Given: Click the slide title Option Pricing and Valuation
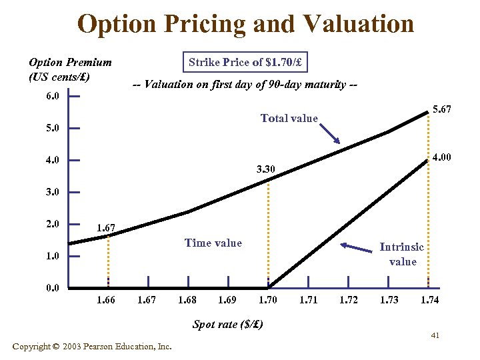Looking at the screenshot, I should [x=245, y=24].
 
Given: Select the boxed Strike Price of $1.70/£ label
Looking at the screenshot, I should [x=245, y=63].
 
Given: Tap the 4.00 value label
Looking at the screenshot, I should [x=441, y=158].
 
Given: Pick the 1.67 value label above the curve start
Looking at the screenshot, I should [x=106, y=228].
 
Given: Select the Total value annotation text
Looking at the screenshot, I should [x=289, y=118].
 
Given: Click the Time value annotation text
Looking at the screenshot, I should [x=213, y=243].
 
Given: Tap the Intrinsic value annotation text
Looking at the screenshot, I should [x=402, y=254].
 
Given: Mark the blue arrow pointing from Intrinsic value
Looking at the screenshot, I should [x=356, y=248].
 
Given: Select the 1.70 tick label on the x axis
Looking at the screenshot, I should [x=267, y=300].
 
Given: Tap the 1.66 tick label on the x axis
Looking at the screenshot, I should [x=106, y=300].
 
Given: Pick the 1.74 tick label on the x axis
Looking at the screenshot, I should [x=430, y=300].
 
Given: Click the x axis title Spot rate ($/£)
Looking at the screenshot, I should [x=227, y=325].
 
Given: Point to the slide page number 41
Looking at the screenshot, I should [x=435, y=335].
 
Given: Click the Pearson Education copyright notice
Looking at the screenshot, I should [x=92, y=347].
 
